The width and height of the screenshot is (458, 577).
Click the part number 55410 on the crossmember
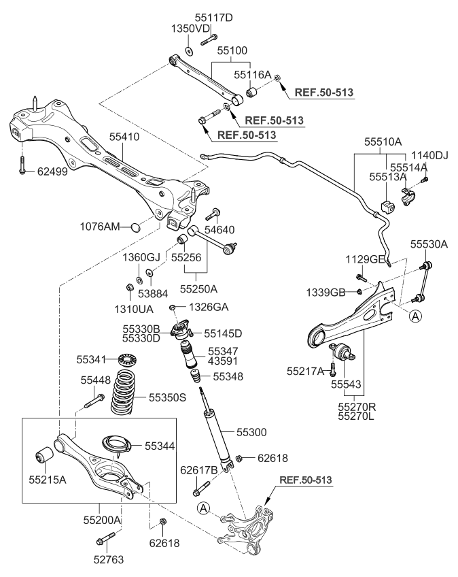pyautogui.click(x=124, y=137)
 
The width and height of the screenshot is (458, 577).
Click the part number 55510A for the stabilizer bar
pyautogui.click(x=383, y=143)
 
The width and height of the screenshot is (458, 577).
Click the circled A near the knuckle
pyautogui.click(x=203, y=508)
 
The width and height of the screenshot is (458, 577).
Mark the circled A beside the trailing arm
pyautogui.click(x=415, y=314)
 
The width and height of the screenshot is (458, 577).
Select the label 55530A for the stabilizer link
pyautogui.click(x=429, y=244)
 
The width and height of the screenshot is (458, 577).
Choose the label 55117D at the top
pyautogui.click(x=213, y=17)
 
